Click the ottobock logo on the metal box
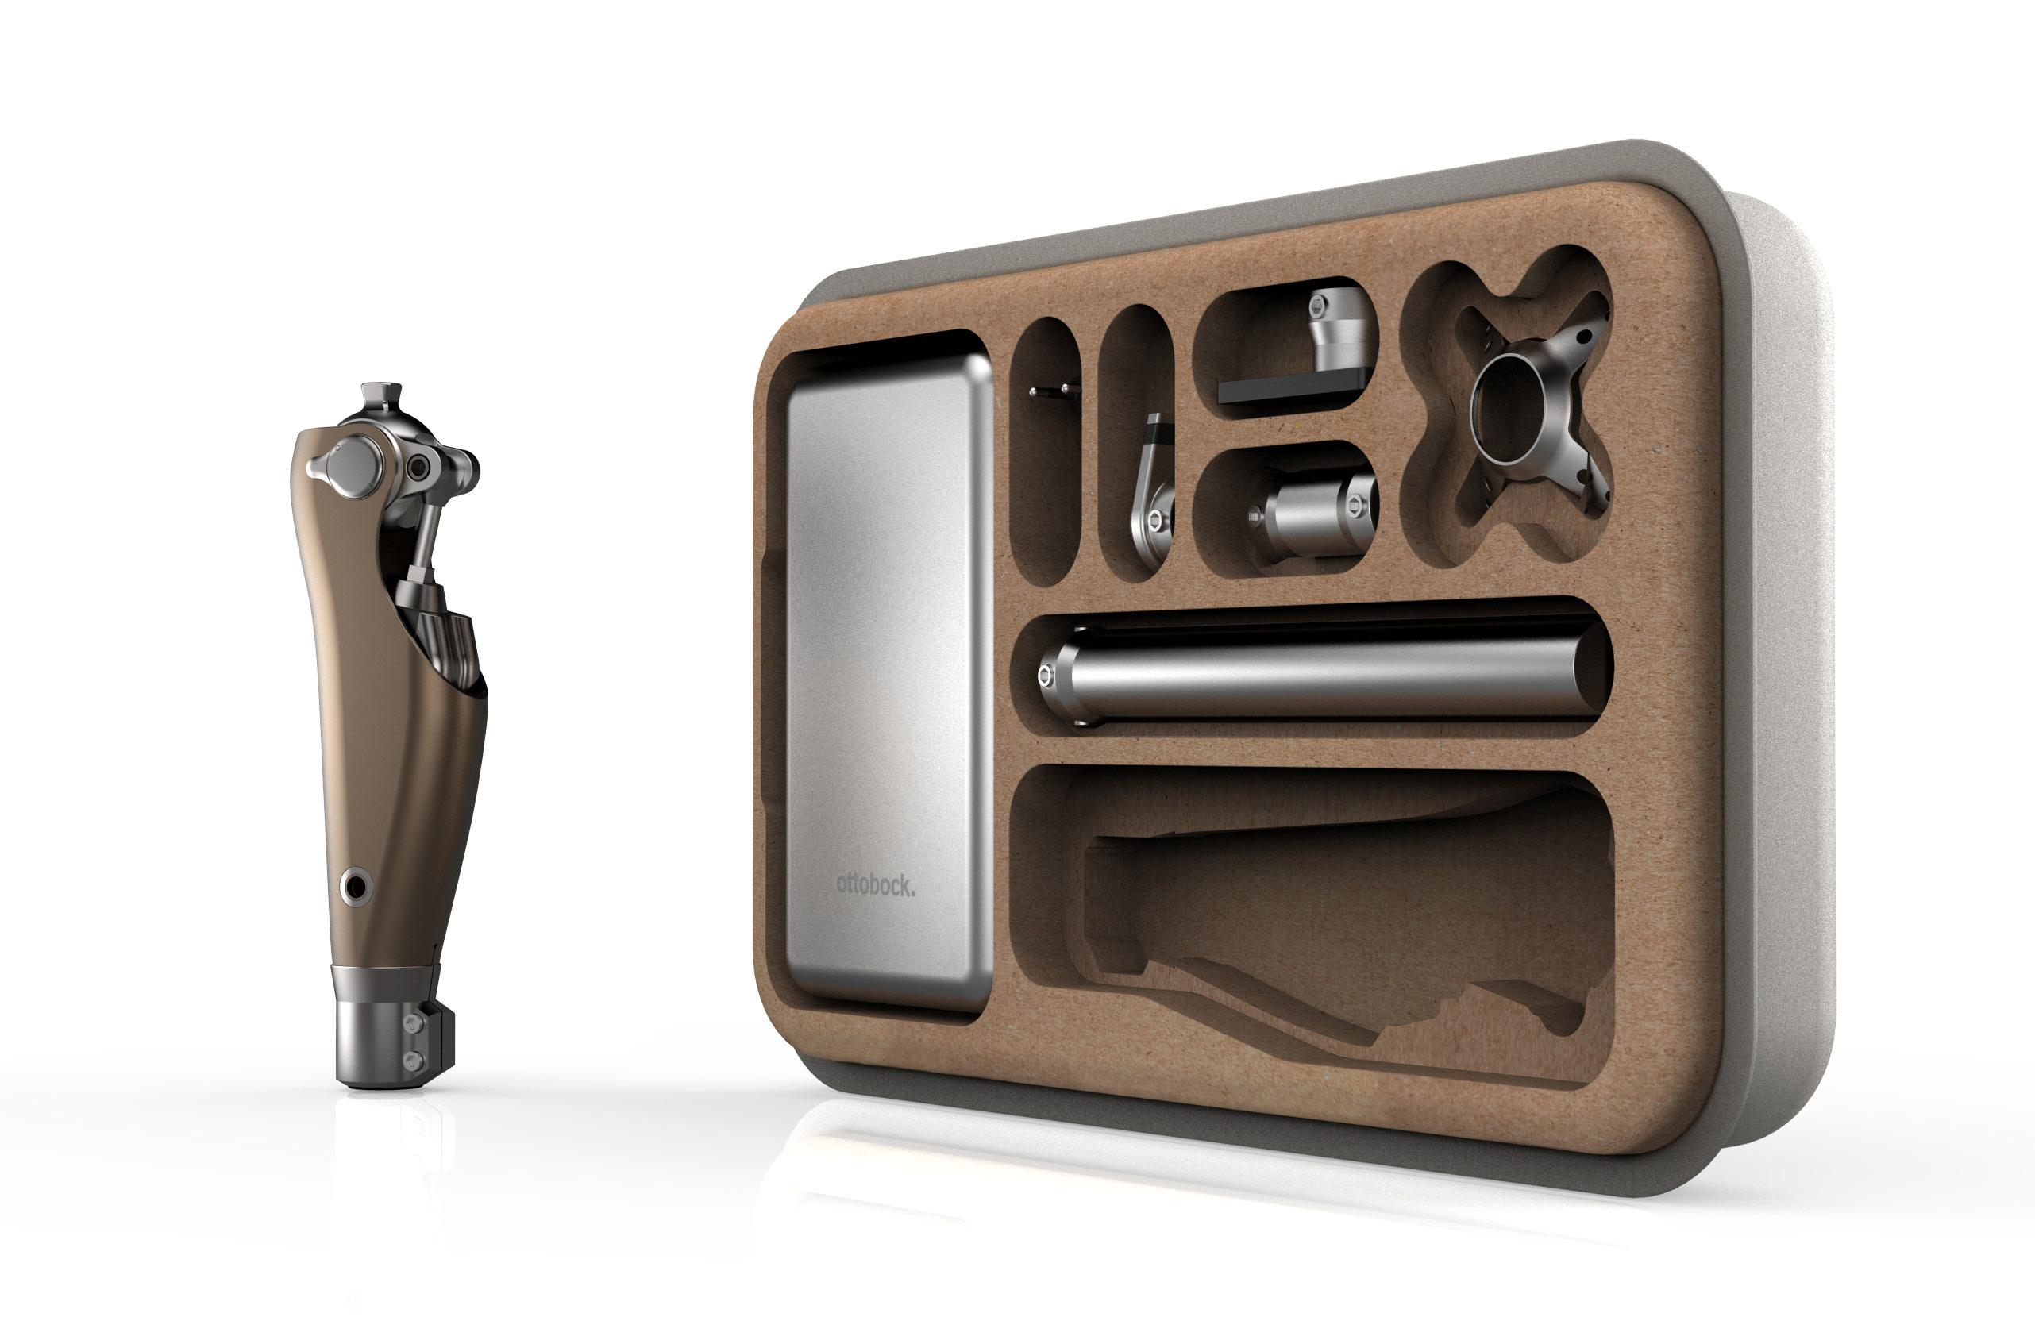coord(875,884)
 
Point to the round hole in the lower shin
coord(355,885)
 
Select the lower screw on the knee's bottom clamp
coord(418,1061)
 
